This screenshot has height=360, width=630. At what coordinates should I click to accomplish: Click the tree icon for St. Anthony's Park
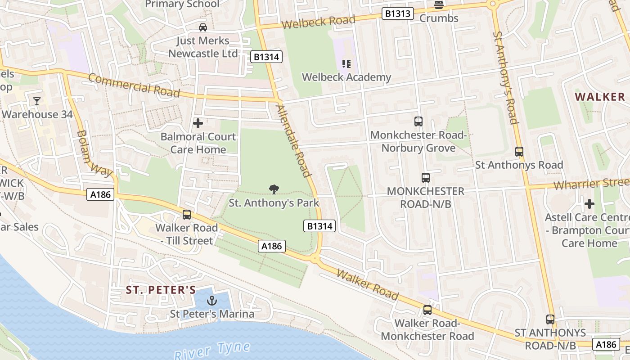tap(274, 189)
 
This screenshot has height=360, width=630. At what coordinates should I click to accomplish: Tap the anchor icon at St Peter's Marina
tap(211, 300)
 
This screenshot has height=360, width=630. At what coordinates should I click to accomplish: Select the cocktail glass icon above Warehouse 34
tap(37, 101)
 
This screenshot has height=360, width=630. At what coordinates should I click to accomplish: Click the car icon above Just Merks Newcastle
tap(203, 27)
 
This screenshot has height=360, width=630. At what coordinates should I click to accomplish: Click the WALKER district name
tap(600, 97)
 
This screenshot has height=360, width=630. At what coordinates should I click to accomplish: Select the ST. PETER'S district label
tap(161, 290)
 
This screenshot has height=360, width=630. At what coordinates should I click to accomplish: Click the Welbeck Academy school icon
tap(346, 64)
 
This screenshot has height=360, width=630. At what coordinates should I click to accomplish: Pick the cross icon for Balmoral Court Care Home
tap(198, 123)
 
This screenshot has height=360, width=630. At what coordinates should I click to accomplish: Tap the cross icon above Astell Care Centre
tap(589, 204)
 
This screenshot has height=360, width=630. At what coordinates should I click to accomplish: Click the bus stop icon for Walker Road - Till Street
tap(187, 215)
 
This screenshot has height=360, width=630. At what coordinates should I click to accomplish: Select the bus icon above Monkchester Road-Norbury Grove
tap(418, 121)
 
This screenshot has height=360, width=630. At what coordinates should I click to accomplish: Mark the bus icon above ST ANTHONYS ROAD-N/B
tap(550, 319)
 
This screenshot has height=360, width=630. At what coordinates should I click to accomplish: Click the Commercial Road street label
tap(134, 85)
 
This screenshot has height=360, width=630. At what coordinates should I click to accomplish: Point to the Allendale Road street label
tap(294, 140)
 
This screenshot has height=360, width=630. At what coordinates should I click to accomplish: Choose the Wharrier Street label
tap(590, 184)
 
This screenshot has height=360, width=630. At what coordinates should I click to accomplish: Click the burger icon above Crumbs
tap(439, 5)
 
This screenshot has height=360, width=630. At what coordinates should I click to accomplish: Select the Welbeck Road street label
tap(318, 21)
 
